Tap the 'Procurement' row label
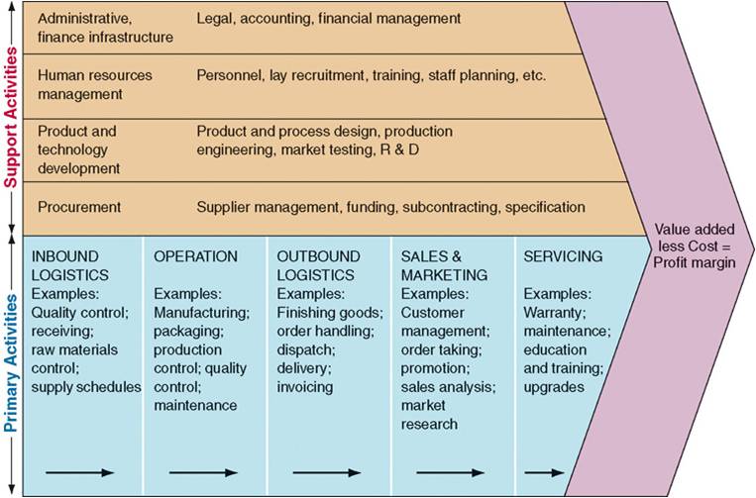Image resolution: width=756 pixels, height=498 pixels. pyautogui.click(x=79, y=207)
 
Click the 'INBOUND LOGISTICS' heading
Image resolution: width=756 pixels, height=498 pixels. pyautogui.click(x=70, y=265)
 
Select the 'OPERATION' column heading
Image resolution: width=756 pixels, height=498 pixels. pyautogui.click(x=195, y=256)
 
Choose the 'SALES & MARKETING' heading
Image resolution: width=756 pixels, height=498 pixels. pyautogui.click(x=444, y=265)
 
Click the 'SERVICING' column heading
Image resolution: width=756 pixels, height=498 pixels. pyautogui.click(x=563, y=256)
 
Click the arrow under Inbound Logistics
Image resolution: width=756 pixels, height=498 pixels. pyautogui.click(x=80, y=472)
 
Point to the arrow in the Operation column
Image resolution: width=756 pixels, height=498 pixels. pyautogui.click(x=203, y=472)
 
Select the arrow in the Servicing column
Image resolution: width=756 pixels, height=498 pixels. pyautogui.click(x=545, y=472)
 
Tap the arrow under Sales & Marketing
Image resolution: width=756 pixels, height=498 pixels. pyautogui.click(x=450, y=472)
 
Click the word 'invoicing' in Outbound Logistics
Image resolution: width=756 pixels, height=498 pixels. pyautogui.click(x=305, y=387)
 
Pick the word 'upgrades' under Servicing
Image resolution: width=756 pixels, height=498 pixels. pyautogui.click(x=553, y=387)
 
